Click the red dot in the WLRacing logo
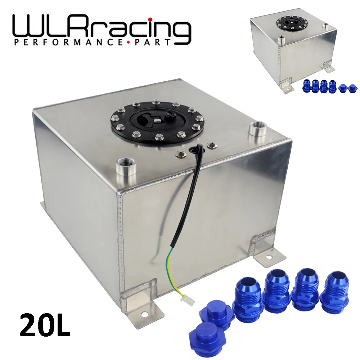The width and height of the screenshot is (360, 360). (x=150, y=20)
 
